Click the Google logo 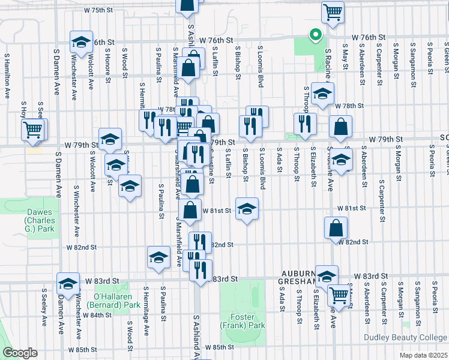coord(19,353)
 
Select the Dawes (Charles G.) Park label coord(40,220)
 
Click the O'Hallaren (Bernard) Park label coord(109,300)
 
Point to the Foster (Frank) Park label coord(247,321)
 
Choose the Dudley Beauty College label coord(405,338)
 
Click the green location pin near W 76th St coord(314,35)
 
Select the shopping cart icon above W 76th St coord(332,11)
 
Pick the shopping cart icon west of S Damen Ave coord(33,130)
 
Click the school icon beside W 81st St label coord(246,209)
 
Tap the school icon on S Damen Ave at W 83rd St coord(68,283)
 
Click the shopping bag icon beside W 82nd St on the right coord(336,228)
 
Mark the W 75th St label coord(98,11)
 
